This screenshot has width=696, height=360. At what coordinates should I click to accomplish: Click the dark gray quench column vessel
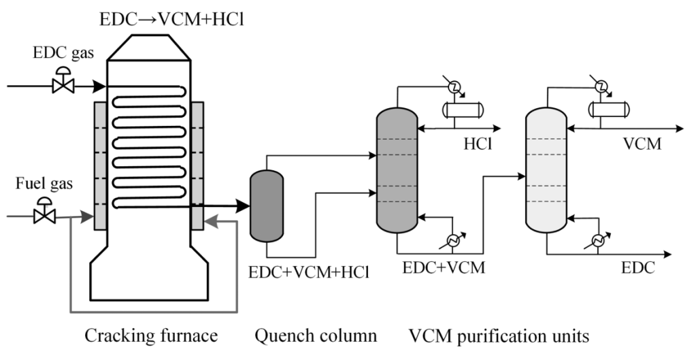[x=266, y=205]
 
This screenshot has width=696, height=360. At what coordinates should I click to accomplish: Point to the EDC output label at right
[x=639, y=268]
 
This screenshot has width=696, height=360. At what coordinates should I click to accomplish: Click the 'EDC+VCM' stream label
[x=444, y=267]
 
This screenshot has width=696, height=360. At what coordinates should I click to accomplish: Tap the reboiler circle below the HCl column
[x=452, y=240]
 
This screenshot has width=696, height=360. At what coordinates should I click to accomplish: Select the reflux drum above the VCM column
[x=610, y=109]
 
